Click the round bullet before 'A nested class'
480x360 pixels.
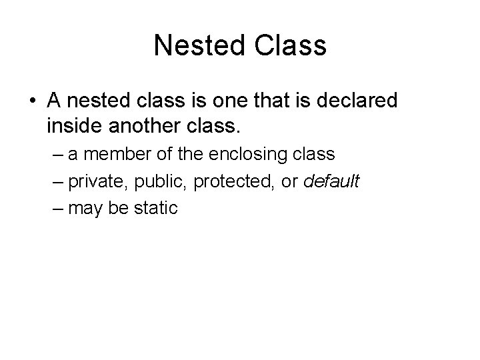[31, 101]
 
